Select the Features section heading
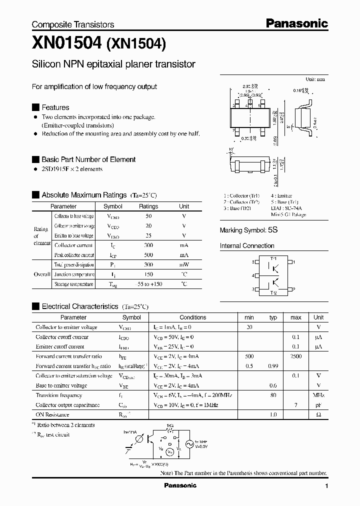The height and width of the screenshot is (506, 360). coord(55,107)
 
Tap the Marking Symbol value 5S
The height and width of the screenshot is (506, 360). coord(272,230)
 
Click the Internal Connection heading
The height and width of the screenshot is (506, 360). coord(247,246)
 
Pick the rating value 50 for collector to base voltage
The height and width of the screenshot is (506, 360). coord(148,216)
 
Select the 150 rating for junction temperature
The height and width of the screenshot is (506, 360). coord(148,274)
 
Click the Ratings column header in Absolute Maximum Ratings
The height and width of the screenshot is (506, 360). coord(148,206)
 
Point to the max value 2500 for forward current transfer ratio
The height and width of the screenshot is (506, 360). coord(295,356)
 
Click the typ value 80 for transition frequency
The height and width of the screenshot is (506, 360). coord(273,395)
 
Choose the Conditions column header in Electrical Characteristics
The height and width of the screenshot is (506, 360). coord(192,317)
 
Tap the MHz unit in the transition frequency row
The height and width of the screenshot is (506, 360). coord(318,395)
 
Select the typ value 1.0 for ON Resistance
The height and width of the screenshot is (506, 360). coord(273,415)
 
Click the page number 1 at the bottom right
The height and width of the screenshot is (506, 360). coord(326,486)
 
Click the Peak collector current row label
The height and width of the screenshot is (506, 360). coord(74,255)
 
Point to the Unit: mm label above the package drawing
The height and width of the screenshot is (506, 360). coord(315,79)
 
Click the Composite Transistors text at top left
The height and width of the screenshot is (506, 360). coord(73,24)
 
